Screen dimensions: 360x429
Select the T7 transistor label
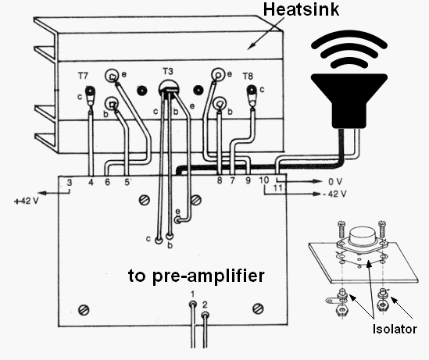click(83, 77)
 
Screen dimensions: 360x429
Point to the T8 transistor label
click(248, 77)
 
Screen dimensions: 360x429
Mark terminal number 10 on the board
click(263, 181)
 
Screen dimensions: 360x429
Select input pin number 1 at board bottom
click(192, 294)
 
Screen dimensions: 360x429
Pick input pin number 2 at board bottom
click(206, 303)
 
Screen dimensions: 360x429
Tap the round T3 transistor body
click(166, 89)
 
